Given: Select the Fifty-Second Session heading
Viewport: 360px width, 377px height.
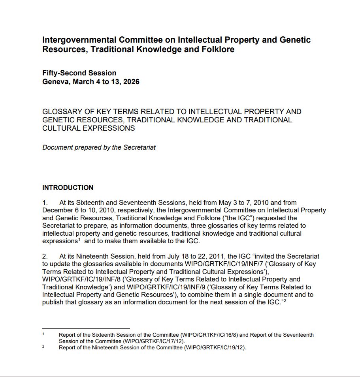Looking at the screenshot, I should click(x=79, y=73).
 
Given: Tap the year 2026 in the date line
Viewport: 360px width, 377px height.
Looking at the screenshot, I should click(x=131, y=82).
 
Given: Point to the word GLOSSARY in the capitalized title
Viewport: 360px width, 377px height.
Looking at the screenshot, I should click(x=62, y=112).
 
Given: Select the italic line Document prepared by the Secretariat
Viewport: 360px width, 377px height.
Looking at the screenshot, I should click(x=99, y=147).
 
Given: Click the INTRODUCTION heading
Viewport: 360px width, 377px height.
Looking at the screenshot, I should click(x=68, y=188).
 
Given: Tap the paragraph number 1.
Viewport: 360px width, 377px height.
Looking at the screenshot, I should click(x=45, y=203).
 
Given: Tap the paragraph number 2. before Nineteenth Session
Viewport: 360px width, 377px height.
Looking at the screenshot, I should click(x=45, y=257).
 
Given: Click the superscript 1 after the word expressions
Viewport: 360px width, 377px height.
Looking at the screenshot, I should click(x=79, y=239).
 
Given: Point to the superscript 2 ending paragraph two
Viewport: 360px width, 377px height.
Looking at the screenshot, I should click(x=284, y=300).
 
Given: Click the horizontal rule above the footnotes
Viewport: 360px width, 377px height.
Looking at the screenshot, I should click(x=86, y=328).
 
